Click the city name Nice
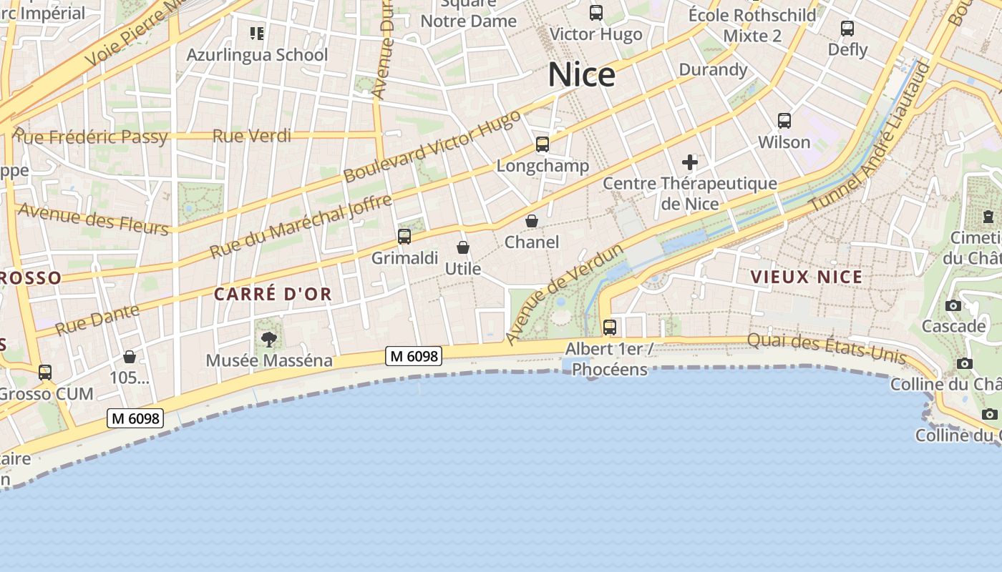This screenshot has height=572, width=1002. click(581, 75)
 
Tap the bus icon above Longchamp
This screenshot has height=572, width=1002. click(543, 144)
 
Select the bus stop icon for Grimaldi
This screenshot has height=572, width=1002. click(404, 237)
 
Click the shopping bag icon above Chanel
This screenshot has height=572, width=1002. click(532, 221)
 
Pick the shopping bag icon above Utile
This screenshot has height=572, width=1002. click(463, 247)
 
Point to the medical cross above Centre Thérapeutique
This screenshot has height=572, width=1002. click(690, 162)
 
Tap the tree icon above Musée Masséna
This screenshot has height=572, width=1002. click(269, 339)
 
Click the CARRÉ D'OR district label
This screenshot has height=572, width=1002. click(273, 294)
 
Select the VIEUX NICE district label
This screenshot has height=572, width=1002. click(806, 277)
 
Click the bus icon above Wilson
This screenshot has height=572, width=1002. click(784, 121)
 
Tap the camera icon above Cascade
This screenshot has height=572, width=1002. click(953, 306)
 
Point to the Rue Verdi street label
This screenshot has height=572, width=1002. click(252, 136)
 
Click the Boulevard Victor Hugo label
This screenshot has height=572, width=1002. click(432, 146)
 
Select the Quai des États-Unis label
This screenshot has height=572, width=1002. click(827, 348)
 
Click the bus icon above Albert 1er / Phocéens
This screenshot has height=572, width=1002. click(610, 327)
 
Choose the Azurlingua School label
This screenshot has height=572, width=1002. click(257, 55)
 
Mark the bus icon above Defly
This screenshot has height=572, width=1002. click(847, 29)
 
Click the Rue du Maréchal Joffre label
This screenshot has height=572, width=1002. click(301, 227)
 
